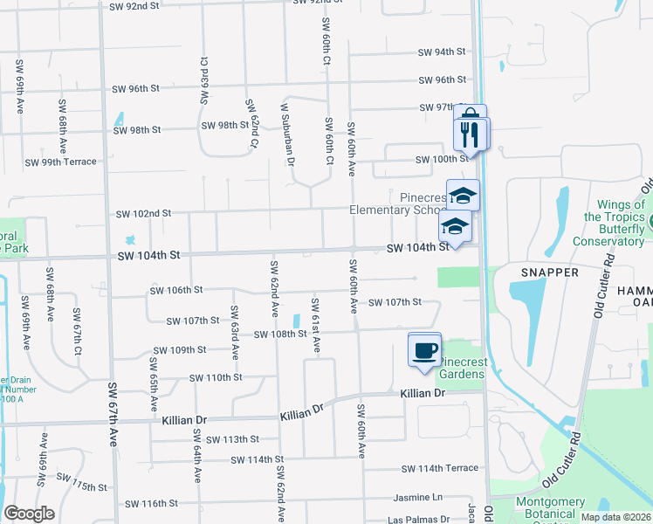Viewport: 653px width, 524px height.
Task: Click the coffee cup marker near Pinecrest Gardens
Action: coord(425,350)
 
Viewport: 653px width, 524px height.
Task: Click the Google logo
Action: coord(29,514)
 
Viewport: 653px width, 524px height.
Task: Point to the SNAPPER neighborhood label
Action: coord(551,272)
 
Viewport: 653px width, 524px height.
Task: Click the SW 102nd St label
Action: coord(143,213)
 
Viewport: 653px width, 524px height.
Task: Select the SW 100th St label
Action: coord(449,160)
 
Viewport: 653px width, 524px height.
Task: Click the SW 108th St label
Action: coord(280,334)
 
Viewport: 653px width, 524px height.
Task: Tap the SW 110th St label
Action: coord(216,377)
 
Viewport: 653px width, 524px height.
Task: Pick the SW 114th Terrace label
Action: coord(440,468)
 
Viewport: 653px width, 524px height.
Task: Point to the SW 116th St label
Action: coord(151,503)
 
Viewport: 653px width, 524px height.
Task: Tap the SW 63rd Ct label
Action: coord(204,81)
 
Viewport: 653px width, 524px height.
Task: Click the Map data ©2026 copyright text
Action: coord(615,517)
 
